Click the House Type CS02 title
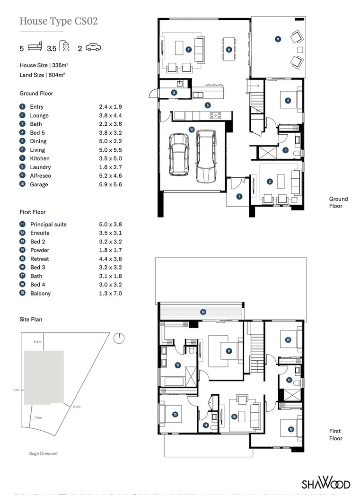[59, 21]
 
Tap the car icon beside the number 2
[94, 48]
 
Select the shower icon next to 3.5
[65, 47]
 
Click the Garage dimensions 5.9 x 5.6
[110, 184]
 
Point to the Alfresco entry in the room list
[40, 176]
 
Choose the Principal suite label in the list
[48, 225]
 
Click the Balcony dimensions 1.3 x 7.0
[110, 294]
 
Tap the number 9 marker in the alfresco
[278, 39]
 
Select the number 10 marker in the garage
[191, 129]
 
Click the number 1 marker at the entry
[239, 196]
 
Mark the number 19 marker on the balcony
[203, 312]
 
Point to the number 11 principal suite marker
[228, 351]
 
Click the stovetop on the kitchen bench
[215, 115]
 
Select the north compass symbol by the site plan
[119, 338]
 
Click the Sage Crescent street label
[44, 454]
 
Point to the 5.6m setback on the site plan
[38, 341]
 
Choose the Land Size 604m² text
[42, 75]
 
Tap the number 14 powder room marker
[206, 425]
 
